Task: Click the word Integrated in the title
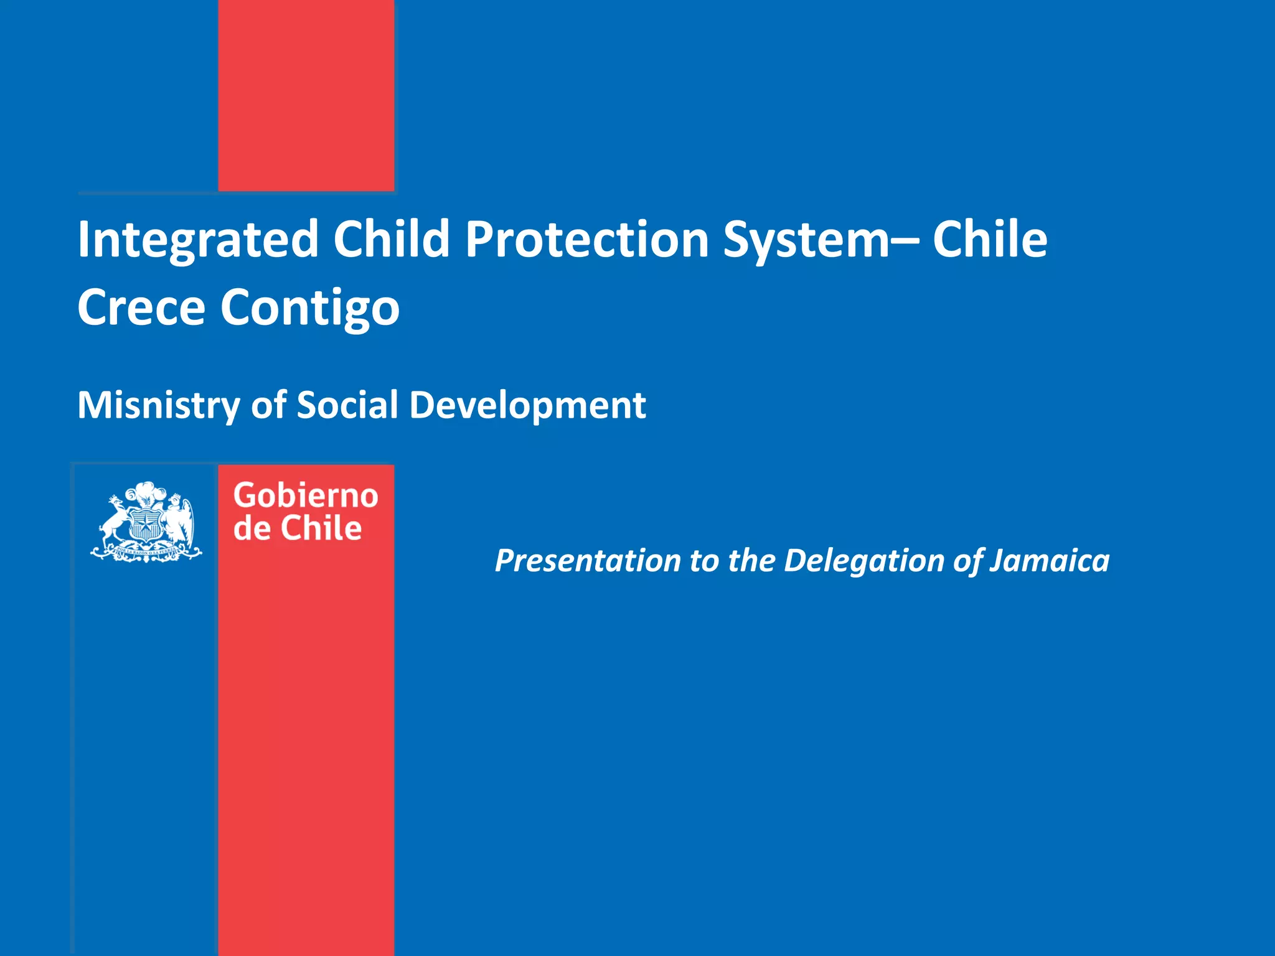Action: pyautogui.click(x=198, y=240)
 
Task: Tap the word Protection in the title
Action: pyautogui.click(x=586, y=240)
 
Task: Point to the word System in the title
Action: pyautogui.click(x=806, y=240)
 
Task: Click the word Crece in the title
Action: pyautogui.click(x=141, y=307)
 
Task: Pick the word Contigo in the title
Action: pyautogui.click(x=309, y=308)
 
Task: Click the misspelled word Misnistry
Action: pyautogui.click(x=158, y=406)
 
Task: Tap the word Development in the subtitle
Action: pyautogui.click(x=527, y=406)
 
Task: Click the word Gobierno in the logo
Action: pyautogui.click(x=305, y=496)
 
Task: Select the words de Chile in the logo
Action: pyautogui.click(x=297, y=528)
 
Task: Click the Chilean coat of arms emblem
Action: pyautogui.click(x=146, y=522)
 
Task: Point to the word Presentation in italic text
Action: pyautogui.click(x=587, y=561)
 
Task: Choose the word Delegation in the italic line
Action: pyautogui.click(x=864, y=561)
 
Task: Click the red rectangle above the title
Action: pyautogui.click(x=306, y=95)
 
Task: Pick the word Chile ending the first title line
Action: pyautogui.click(x=989, y=240)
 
